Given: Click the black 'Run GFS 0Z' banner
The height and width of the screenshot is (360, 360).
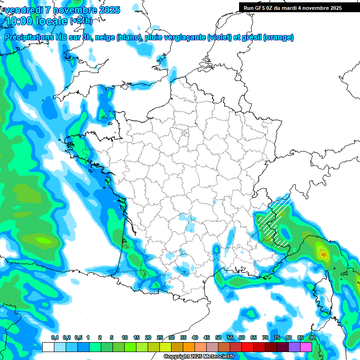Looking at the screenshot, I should [292, 7].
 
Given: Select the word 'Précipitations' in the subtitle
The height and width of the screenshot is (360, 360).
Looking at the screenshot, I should [29, 37].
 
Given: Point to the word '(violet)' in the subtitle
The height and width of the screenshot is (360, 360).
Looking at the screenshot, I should [219, 37].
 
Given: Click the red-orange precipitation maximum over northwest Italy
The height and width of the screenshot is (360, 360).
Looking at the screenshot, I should [323, 255].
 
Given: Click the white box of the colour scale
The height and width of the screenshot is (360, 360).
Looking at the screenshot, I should [48, 347].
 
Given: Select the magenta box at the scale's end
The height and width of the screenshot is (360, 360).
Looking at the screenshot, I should [306, 347].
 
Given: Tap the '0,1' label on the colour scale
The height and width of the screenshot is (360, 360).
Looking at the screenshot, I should [55, 337].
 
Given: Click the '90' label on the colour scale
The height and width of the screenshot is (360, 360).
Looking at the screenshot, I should [312, 337].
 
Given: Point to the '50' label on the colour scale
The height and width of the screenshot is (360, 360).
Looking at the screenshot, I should [218, 337].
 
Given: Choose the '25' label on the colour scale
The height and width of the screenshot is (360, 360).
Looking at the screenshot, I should [160, 337].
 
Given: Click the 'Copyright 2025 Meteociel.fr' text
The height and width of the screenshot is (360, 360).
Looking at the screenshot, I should [199, 356].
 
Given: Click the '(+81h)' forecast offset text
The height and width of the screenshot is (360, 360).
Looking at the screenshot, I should [81, 21].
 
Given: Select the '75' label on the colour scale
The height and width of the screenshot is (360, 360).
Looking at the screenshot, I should [277, 337].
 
